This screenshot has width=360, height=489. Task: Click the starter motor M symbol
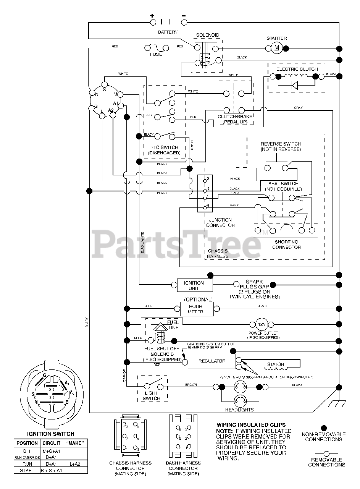click(277, 48)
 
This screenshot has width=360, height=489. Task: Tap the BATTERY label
click(168, 32)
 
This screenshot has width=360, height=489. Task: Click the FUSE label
click(155, 54)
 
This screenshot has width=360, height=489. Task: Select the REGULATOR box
click(212, 361)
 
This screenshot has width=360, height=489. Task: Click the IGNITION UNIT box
click(194, 285)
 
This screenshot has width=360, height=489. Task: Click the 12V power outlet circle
click(262, 324)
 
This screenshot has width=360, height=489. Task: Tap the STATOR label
click(275, 364)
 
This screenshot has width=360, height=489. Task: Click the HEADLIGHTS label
click(240, 410)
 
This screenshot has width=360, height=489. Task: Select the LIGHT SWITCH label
click(152, 396)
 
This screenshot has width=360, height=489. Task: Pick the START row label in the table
click(27, 470)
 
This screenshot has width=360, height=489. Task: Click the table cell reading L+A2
click(75, 463)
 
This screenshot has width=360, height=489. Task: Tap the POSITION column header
click(27, 443)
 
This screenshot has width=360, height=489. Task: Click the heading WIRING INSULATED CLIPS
click(251, 425)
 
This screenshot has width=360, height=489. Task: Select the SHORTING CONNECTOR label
click(286, 244)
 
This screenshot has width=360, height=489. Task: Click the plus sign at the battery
click(152, 16)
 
